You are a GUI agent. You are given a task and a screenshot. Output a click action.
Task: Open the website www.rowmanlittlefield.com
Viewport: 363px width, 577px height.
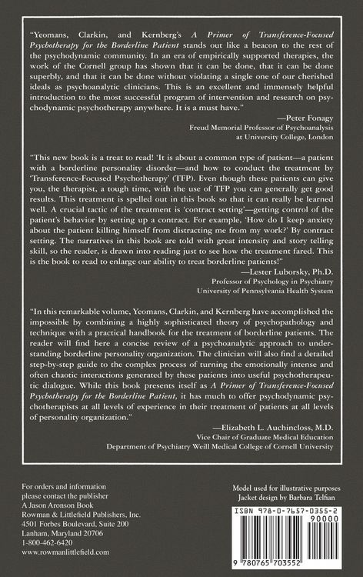(x=65, y=552)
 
